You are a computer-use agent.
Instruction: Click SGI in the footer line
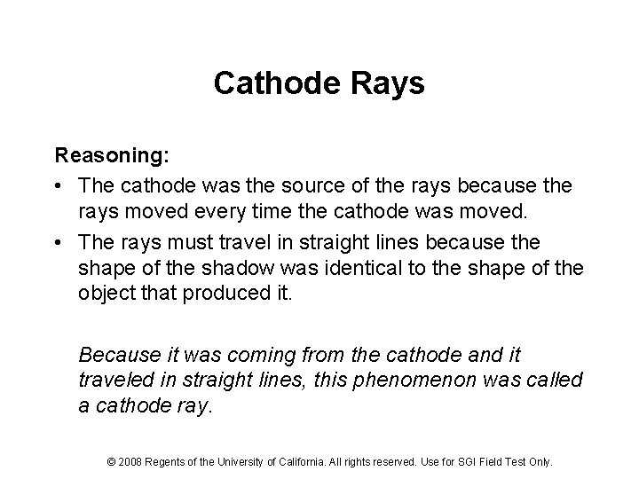coord(472,462)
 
